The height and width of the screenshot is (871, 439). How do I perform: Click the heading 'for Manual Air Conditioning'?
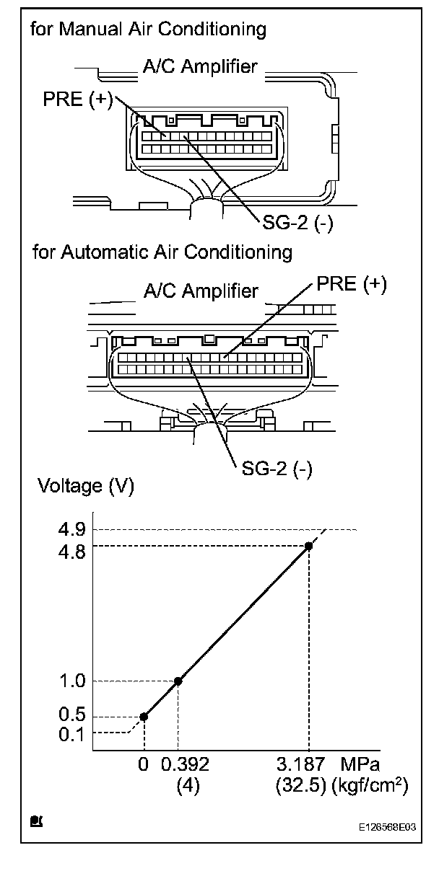(x=148, y=30)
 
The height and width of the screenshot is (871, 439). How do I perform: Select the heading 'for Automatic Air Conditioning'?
(x=162, y=252)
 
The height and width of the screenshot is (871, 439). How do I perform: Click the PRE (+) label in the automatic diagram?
(x=352, y=284)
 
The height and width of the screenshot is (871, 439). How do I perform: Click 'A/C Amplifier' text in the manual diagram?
(x=200, y=67)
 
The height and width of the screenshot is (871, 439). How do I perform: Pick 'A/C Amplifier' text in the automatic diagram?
(x=200, y=291)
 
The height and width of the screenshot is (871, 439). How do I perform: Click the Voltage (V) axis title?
(x=80, y=486)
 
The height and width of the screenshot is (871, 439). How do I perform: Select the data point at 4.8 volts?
(x=309, y=546)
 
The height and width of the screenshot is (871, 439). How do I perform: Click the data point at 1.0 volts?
(x=178, y=681)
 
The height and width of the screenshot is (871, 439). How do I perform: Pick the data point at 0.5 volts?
(x=144, y=716)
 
